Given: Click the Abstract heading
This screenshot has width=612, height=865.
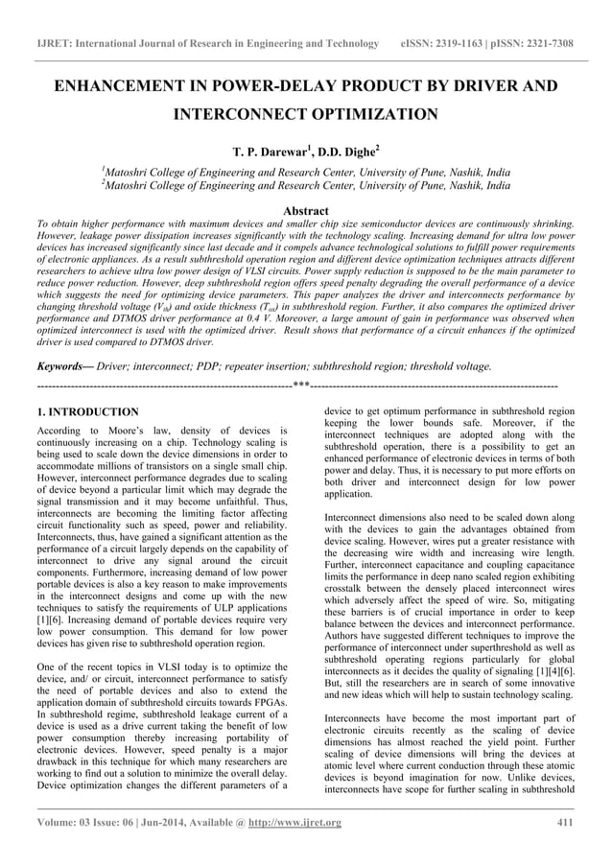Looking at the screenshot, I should tap(306, 210).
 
